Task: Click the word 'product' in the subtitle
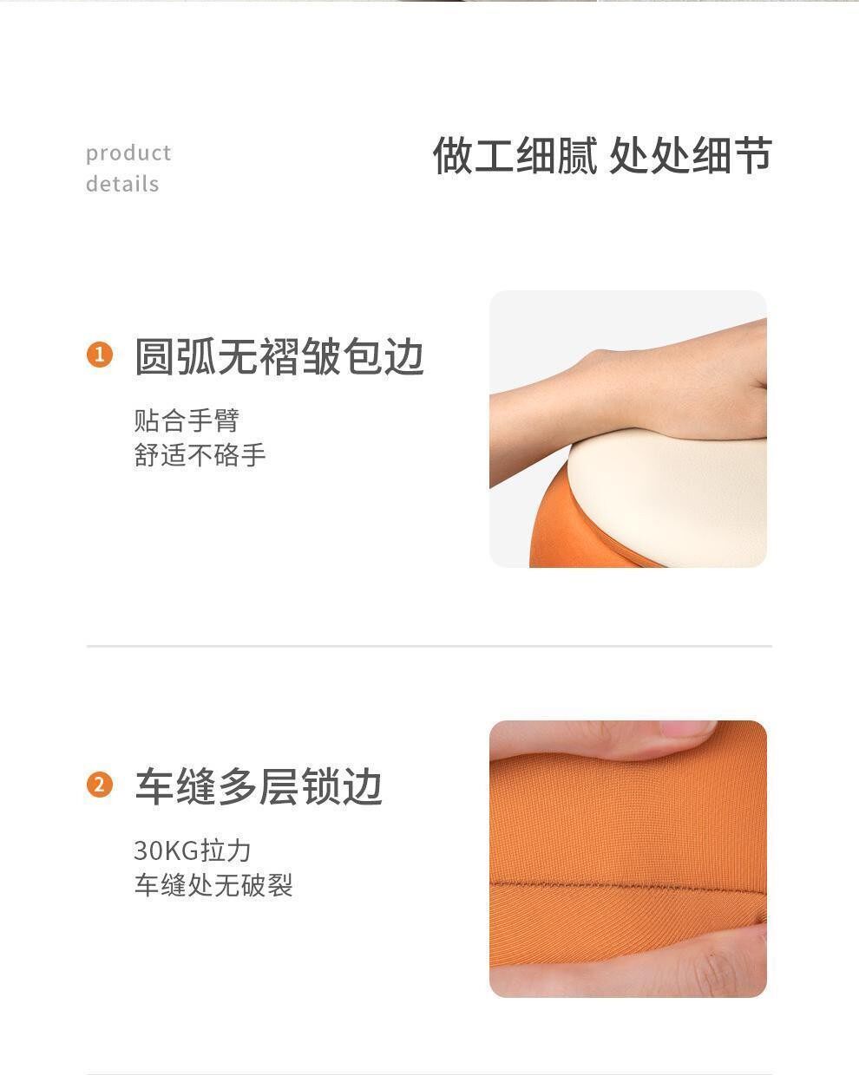[x=128, y=154]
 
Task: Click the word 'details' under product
[x=122, y=184]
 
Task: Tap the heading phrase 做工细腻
[x=515, y=155]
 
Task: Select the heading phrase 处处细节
[x=691, y=155]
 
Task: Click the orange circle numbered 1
[x=100, y=355]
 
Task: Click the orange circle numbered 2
[x=100, y=785]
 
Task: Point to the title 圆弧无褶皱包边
[x=279, y=356]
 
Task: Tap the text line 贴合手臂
[x=187, y=420]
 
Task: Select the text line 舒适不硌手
[x=200, y=454]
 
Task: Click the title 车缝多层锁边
[x=259, y=786]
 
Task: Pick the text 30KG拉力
[x=193, y=850]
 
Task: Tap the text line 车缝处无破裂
[x=213, y=885]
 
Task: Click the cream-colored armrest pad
[x=670, y=499]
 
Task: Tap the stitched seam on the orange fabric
[x=628, y=886]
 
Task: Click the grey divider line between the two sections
[x=429, y=646]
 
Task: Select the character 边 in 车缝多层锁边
[x=364, y=786]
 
